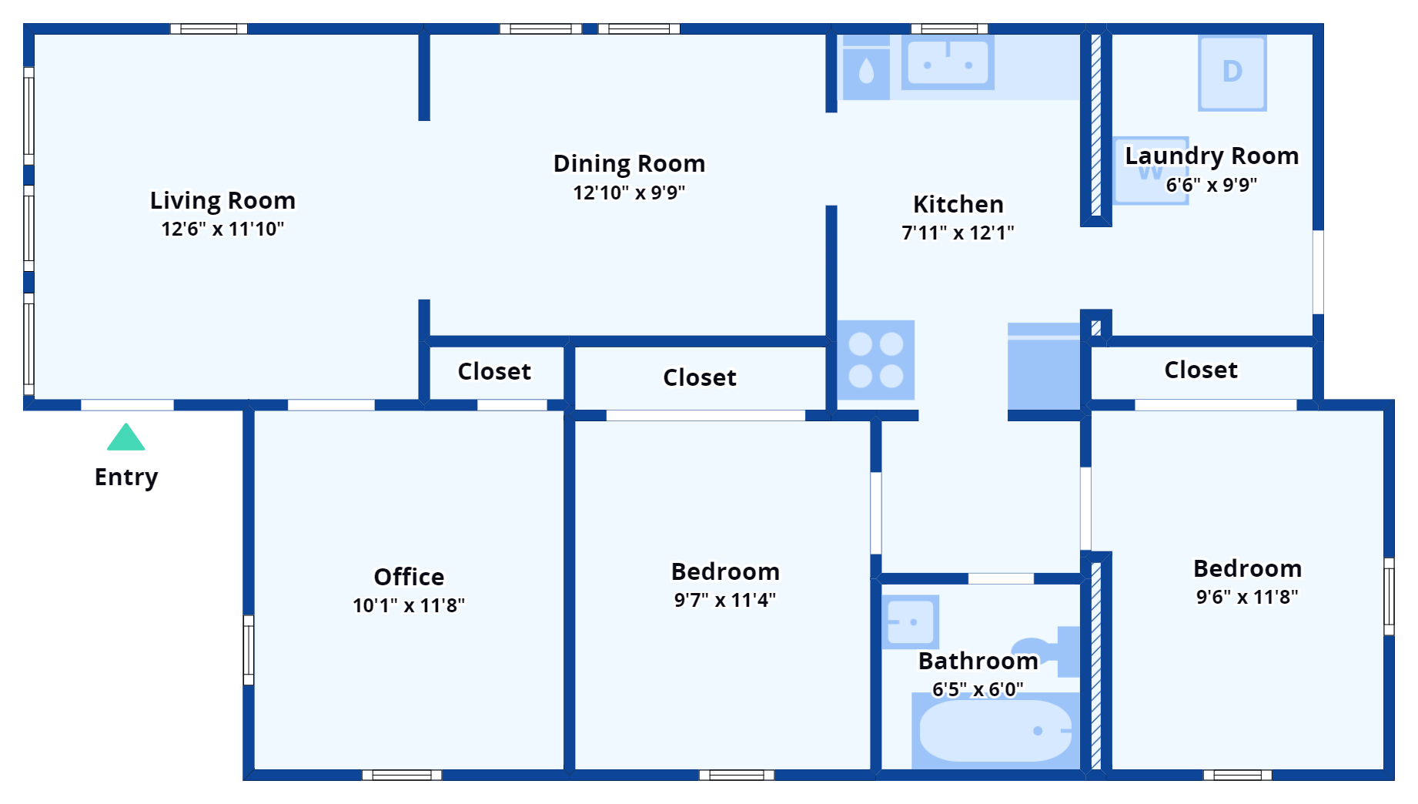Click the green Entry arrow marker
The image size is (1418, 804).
[x=126, y=437]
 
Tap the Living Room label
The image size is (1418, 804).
[x=222, y=200]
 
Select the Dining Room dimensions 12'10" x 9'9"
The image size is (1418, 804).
[x=629, y=193]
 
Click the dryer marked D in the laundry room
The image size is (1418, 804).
[x=1232, y=72]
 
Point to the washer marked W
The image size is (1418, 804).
[x=1150, y=171]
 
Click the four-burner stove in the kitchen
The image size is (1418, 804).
[x=875, y=360]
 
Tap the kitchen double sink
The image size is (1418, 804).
[x=948, y=63]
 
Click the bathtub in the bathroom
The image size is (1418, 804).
[x=995, y=731]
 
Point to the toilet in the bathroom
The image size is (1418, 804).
[x=1051, y=651]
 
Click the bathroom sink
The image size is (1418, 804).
[x=910, y=621]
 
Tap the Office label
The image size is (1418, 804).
[x=409, y=577]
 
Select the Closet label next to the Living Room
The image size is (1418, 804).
[x=494, y=371]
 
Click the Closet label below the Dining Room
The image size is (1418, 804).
[x=699, y=377]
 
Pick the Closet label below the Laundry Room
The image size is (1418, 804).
[x=1200, y=370]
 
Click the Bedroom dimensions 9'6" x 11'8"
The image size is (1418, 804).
[x=1247, y=597]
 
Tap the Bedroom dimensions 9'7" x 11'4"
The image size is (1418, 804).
[x=724, y=600]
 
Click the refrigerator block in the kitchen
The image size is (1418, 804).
[x=1044, y=367]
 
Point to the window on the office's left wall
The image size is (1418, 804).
[x=249, y=649]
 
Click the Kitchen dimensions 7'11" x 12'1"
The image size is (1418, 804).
[x=958, y=233]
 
